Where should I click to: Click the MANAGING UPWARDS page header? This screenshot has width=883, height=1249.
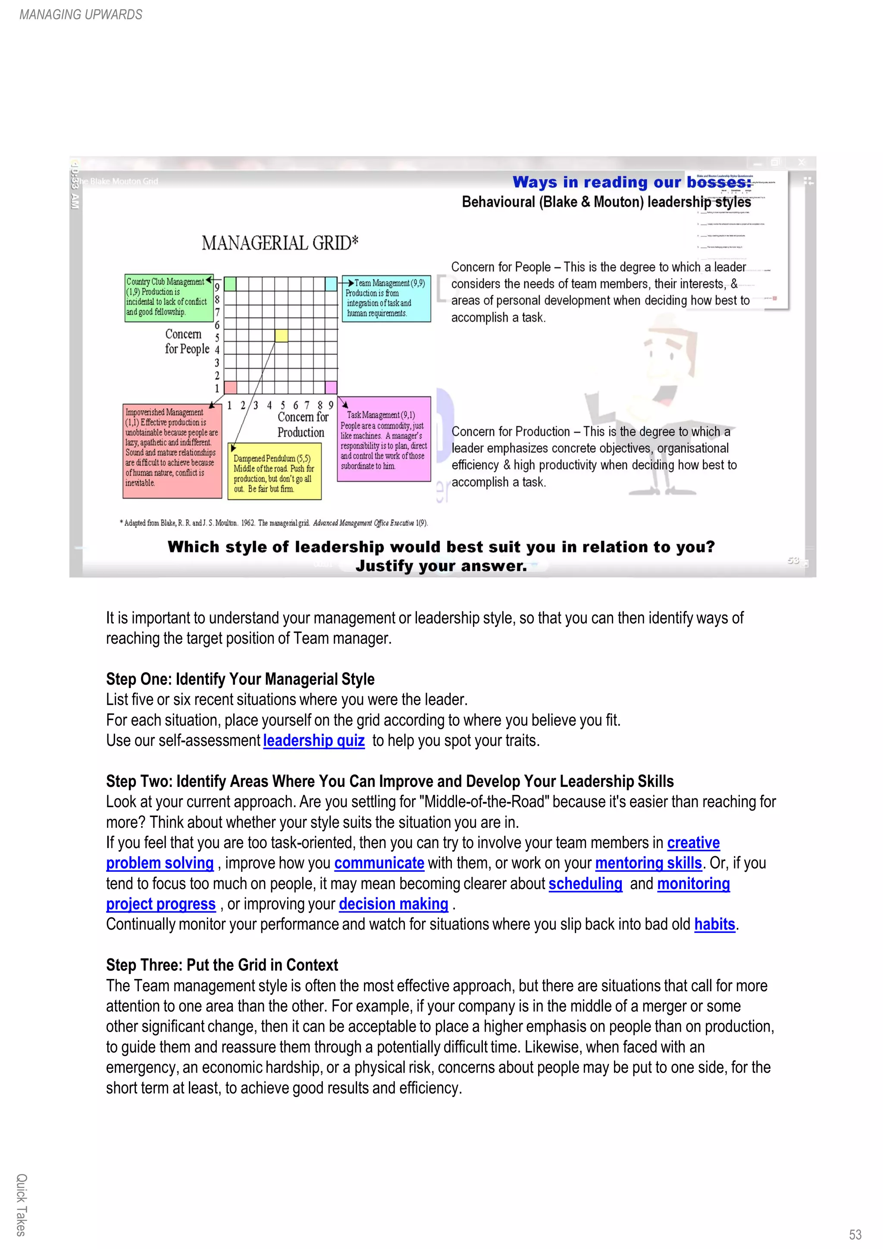click(x=81, y=15)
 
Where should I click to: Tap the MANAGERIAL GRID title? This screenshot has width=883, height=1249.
click(x=280, y=243)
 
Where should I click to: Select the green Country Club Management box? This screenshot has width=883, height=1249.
click(x=168, y=297)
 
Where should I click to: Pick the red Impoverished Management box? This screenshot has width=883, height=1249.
click(x=171, y=451)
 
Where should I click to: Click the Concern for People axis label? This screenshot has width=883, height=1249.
click(x=187, y=341)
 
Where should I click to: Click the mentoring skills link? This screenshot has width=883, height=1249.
click(x=648, y=863)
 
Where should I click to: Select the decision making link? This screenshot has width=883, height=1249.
click(x=393, y=904)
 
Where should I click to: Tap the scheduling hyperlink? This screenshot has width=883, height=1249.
click(x=585, y=884)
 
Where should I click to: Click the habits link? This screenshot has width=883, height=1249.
click(x=714, y=925)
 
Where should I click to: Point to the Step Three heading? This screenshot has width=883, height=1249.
click(x=222, y=965)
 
